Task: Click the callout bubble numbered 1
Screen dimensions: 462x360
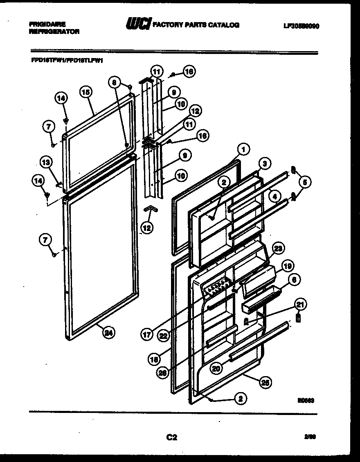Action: pyautogui.click(x=243, y=150)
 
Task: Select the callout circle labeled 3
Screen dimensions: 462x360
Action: pyautogui.click(x=265, y=164)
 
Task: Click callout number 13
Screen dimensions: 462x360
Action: pyautogui.click(x=46, y=162)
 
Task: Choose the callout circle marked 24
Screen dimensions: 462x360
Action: pyautogui.click(x=108, y=332)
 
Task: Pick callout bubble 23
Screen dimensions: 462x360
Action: pyautogui.click(x=278, y=248)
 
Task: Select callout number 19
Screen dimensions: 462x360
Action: pyautogui.click(x=288, y=266)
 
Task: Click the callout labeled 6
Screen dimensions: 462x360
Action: pyautogui.click(x=294, y=280)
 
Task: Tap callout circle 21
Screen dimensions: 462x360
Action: pyautogui.click(x=300, y=304)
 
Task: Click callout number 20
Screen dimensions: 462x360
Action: pyautogui.click(x=217, y=368)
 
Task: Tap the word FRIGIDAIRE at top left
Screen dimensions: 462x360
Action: pyautogui.click(x=47, y=24)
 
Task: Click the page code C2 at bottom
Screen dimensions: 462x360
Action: pyautogui.click(x=171, y=437)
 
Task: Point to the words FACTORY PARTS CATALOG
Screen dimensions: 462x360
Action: pyautogui.click(x=196, y=25)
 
